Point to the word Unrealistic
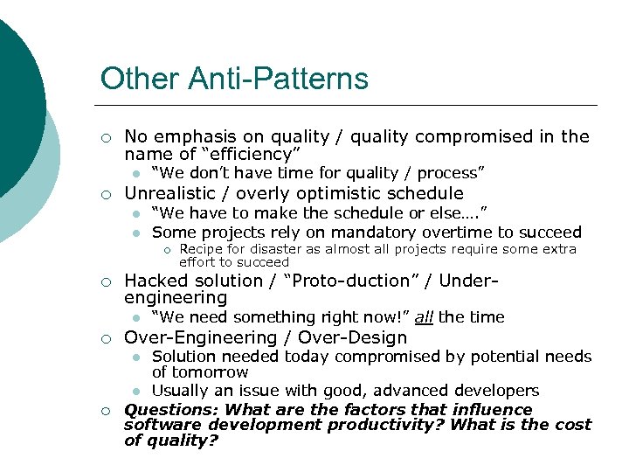pos(172,193)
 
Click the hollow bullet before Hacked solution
pos(105,281)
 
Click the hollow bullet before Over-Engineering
pos(105,338)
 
